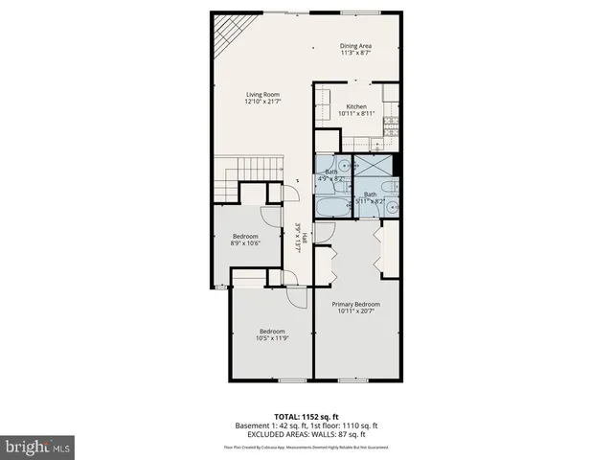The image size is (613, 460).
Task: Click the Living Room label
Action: tap(261, 94)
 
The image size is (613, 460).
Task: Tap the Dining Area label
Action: tap(355, 46)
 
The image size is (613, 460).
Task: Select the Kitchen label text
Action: tap(356, 106)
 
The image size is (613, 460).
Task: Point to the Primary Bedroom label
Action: tap(355, 303)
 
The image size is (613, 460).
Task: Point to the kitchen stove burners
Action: tap(391, 124)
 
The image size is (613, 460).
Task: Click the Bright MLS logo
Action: tap(38, 446)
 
